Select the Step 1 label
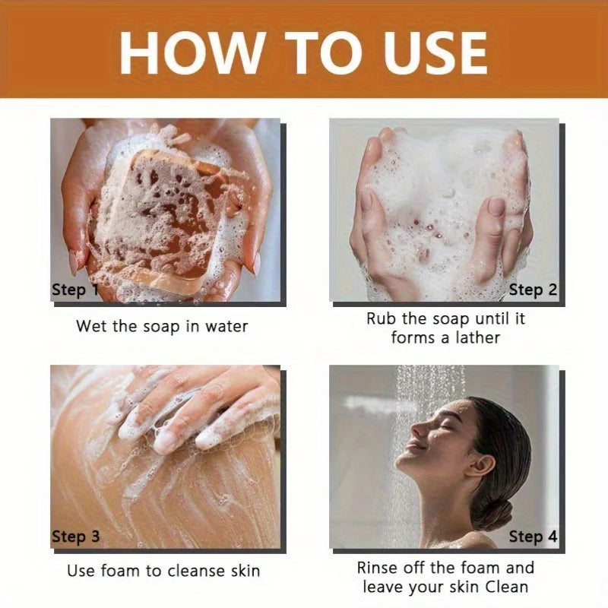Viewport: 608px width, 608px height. point(75,290)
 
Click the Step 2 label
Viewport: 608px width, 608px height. point(533,290)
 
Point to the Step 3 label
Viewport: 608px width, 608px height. point(76,537)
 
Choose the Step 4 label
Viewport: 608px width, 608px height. point(533,537)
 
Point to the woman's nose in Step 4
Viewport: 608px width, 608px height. point(416,429)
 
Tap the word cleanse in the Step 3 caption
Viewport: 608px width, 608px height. point(194,572)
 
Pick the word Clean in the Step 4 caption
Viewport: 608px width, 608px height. point(507,587)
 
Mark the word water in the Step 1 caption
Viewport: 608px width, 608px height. point(226,327)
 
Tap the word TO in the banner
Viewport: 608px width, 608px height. point(325,53)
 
